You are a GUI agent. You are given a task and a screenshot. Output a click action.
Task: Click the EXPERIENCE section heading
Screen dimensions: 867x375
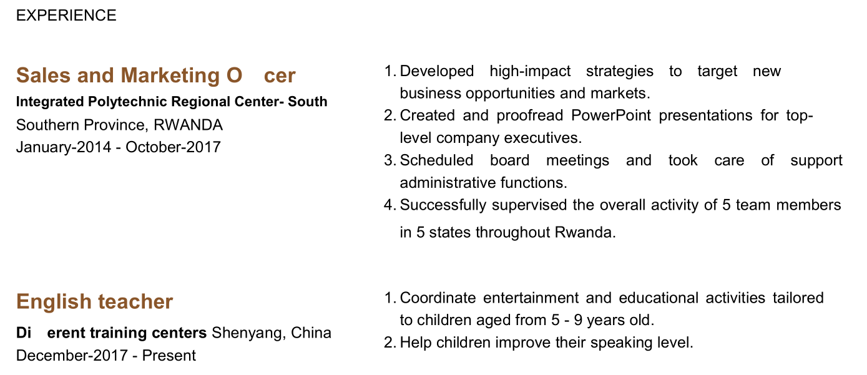coord(66,16)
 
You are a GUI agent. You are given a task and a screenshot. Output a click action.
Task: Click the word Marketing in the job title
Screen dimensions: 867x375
coord(170,75)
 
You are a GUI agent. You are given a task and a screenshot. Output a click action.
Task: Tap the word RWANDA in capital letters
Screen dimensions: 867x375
coord(188,125)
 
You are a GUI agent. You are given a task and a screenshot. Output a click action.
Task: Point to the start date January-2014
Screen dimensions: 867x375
coord(64,147)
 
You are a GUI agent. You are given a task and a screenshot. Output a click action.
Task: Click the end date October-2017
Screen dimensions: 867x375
coord(173,147)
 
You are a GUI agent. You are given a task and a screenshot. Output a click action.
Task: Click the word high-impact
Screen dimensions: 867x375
coord(530,72)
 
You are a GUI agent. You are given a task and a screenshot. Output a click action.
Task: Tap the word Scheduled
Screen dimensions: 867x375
coord(436,160)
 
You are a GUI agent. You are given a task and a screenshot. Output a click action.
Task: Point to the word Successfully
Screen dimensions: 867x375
coord(443,205)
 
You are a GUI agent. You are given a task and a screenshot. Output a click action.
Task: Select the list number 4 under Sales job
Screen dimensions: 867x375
coord(389,205)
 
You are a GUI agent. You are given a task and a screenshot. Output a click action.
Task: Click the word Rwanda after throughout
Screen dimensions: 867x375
coord(585,233)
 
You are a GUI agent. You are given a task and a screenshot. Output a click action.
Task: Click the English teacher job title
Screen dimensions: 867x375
coord(94,302)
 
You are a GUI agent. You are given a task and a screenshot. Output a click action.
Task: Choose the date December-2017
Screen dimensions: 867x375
coord(72,356)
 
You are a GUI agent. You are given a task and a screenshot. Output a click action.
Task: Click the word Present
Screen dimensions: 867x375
coord(169,356)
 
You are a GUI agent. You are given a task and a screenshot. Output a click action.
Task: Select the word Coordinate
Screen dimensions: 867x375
coord(438,298)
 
